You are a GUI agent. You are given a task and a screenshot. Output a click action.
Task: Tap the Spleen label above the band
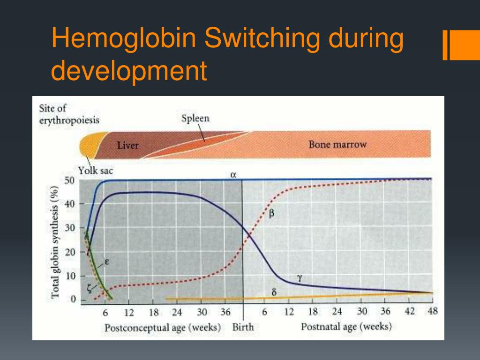pyautogui.click(x=195, y=119)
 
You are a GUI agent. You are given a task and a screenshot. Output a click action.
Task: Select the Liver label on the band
pyautogui.click(x=127, y=146)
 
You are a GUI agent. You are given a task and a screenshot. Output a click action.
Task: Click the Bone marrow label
pyautogui.click(x=337, y=144)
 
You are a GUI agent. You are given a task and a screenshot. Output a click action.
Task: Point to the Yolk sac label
pyautogui.click(x=96, y=171)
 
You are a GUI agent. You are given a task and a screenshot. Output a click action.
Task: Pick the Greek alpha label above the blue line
pyautogui.click(x=233, y=175)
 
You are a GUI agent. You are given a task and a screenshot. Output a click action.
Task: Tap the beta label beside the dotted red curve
pyautogui.click(x=272, y=214)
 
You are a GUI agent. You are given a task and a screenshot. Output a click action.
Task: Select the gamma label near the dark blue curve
pyautogui.click(x=300, y=277)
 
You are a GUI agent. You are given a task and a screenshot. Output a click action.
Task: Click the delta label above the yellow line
pyautogui.click(x=274, y=292)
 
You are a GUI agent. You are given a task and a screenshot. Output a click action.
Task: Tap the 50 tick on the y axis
pyautogui.click(x=70, y=181)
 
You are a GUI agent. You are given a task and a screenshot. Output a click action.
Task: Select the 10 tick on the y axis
pyautogui.click(x=70, y=276)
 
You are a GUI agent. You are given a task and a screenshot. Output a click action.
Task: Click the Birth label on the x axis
pyautogui.click(x=243, y=327)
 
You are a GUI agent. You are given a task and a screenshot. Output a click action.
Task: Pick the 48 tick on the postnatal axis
pyautogui.click(x=432, y=312)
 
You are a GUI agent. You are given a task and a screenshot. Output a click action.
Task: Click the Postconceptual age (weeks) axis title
pyautogui.click(x=163, y=328)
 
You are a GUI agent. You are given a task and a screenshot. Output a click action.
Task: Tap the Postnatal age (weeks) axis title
pyautogui.click(x=346, y=327)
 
